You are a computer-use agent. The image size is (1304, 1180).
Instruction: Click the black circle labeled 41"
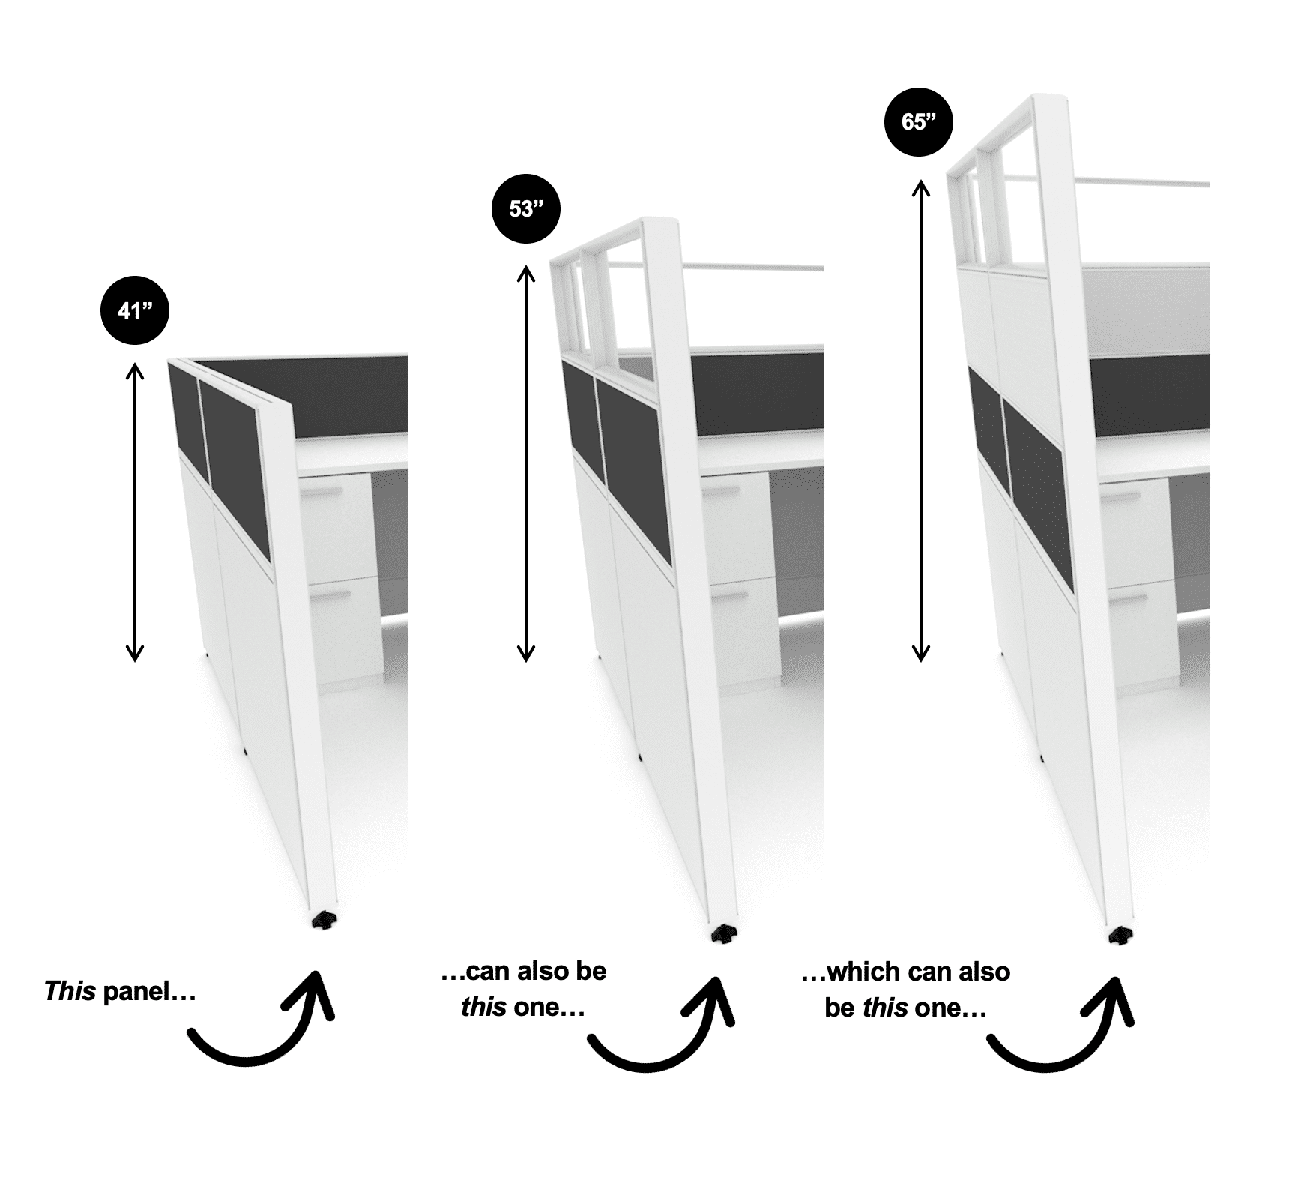[135, 310]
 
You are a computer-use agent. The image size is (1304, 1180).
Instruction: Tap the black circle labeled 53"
[526, 208]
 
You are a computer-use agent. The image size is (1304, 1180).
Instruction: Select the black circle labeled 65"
[919, 121]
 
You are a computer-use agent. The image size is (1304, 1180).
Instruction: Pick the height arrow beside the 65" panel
[921, 420]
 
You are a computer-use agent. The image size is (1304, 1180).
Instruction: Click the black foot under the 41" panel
[324, 920]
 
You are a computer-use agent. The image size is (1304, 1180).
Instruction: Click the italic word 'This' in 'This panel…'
[70, 992]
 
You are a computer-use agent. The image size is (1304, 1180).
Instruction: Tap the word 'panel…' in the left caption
[149, 992]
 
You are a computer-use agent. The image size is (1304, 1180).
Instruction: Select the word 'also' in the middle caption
[540, 972]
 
